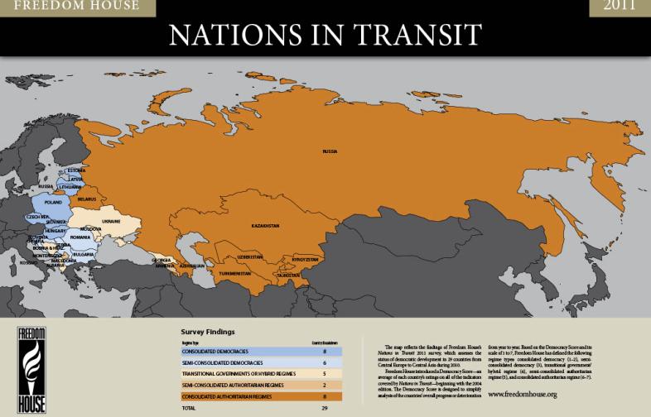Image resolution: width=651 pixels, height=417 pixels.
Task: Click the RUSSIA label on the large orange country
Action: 330,151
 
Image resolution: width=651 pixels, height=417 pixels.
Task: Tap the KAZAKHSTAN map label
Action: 266,225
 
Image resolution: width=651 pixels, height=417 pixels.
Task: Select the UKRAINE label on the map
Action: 112,222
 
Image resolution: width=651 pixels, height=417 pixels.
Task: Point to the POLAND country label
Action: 53,202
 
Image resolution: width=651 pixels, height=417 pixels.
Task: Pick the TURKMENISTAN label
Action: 234,273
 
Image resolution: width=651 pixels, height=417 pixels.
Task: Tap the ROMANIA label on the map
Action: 80,237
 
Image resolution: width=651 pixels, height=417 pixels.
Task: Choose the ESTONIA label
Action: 76,170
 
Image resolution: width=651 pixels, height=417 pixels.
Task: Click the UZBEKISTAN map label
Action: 249,256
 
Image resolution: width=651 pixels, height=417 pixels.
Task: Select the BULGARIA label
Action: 83,255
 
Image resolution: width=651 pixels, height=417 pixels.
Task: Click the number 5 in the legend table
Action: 324,374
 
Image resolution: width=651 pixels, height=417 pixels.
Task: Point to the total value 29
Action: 324,408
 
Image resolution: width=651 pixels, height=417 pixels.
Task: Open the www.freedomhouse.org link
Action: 522,394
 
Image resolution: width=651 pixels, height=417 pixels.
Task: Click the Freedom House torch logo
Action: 33,367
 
